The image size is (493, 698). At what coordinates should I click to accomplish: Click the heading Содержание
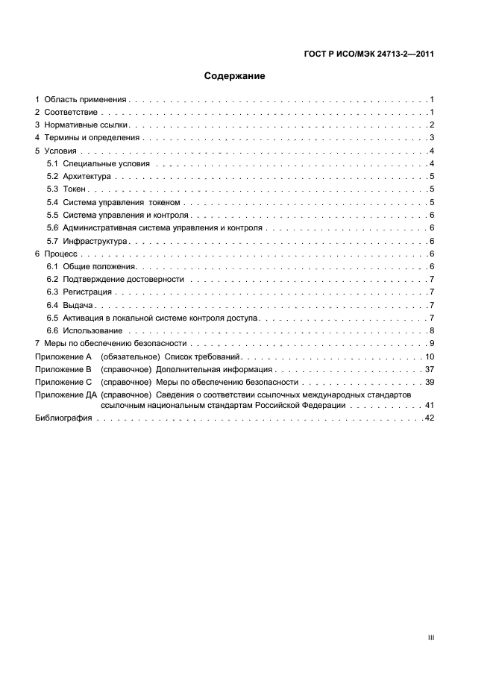234,76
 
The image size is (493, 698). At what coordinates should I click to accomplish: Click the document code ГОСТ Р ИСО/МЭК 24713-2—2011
370,54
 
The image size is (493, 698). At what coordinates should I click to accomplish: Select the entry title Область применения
86,99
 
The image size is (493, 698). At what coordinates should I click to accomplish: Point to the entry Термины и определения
92,138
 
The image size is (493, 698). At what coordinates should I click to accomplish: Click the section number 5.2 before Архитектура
52,177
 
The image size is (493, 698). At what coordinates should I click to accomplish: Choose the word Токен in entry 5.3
75,189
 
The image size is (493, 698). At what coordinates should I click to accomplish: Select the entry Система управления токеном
122,203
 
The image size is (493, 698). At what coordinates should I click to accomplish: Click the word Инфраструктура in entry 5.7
95,242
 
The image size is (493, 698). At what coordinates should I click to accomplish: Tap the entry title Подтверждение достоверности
123,279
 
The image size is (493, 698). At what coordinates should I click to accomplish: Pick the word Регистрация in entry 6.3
87,292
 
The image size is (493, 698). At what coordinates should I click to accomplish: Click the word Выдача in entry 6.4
78,305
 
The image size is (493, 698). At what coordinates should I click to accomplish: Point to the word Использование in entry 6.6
92,330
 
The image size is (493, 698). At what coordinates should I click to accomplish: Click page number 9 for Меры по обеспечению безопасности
432,343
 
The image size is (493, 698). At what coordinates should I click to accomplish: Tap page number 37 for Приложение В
430,369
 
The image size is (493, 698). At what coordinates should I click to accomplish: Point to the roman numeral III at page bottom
431,638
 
